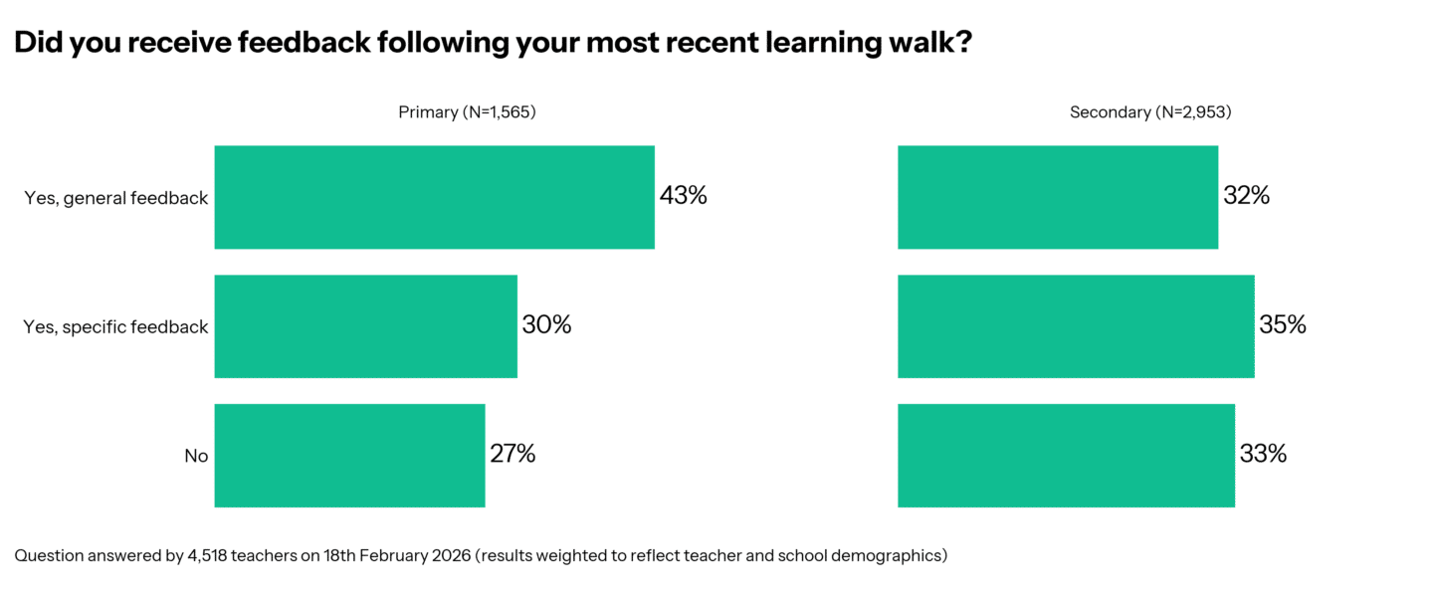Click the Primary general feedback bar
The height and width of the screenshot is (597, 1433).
[434, 197]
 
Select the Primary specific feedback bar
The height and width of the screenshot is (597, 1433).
[365, 326]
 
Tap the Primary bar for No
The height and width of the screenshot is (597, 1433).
[349, 456]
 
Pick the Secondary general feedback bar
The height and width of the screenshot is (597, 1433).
[1057, 197]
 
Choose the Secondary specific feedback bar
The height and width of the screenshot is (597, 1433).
[1075, 326]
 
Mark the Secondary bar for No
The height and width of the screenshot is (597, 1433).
[1066, 456]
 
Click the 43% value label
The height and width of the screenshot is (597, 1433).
[683, 196]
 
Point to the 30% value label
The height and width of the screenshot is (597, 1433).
[546, 325]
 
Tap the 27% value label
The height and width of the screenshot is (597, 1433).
[512, 455]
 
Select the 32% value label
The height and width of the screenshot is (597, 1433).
[1246, 196]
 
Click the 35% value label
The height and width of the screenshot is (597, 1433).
[1282, 325]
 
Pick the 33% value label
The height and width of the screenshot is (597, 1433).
[1263, 455]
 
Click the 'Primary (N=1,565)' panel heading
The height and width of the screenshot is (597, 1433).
[467, 112]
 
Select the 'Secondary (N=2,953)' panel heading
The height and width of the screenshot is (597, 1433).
[1150, 112]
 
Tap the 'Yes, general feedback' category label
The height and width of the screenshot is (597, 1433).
[116, 198]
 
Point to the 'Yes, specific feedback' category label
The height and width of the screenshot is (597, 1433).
[115, 327]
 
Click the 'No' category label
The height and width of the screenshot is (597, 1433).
[196, 457]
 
